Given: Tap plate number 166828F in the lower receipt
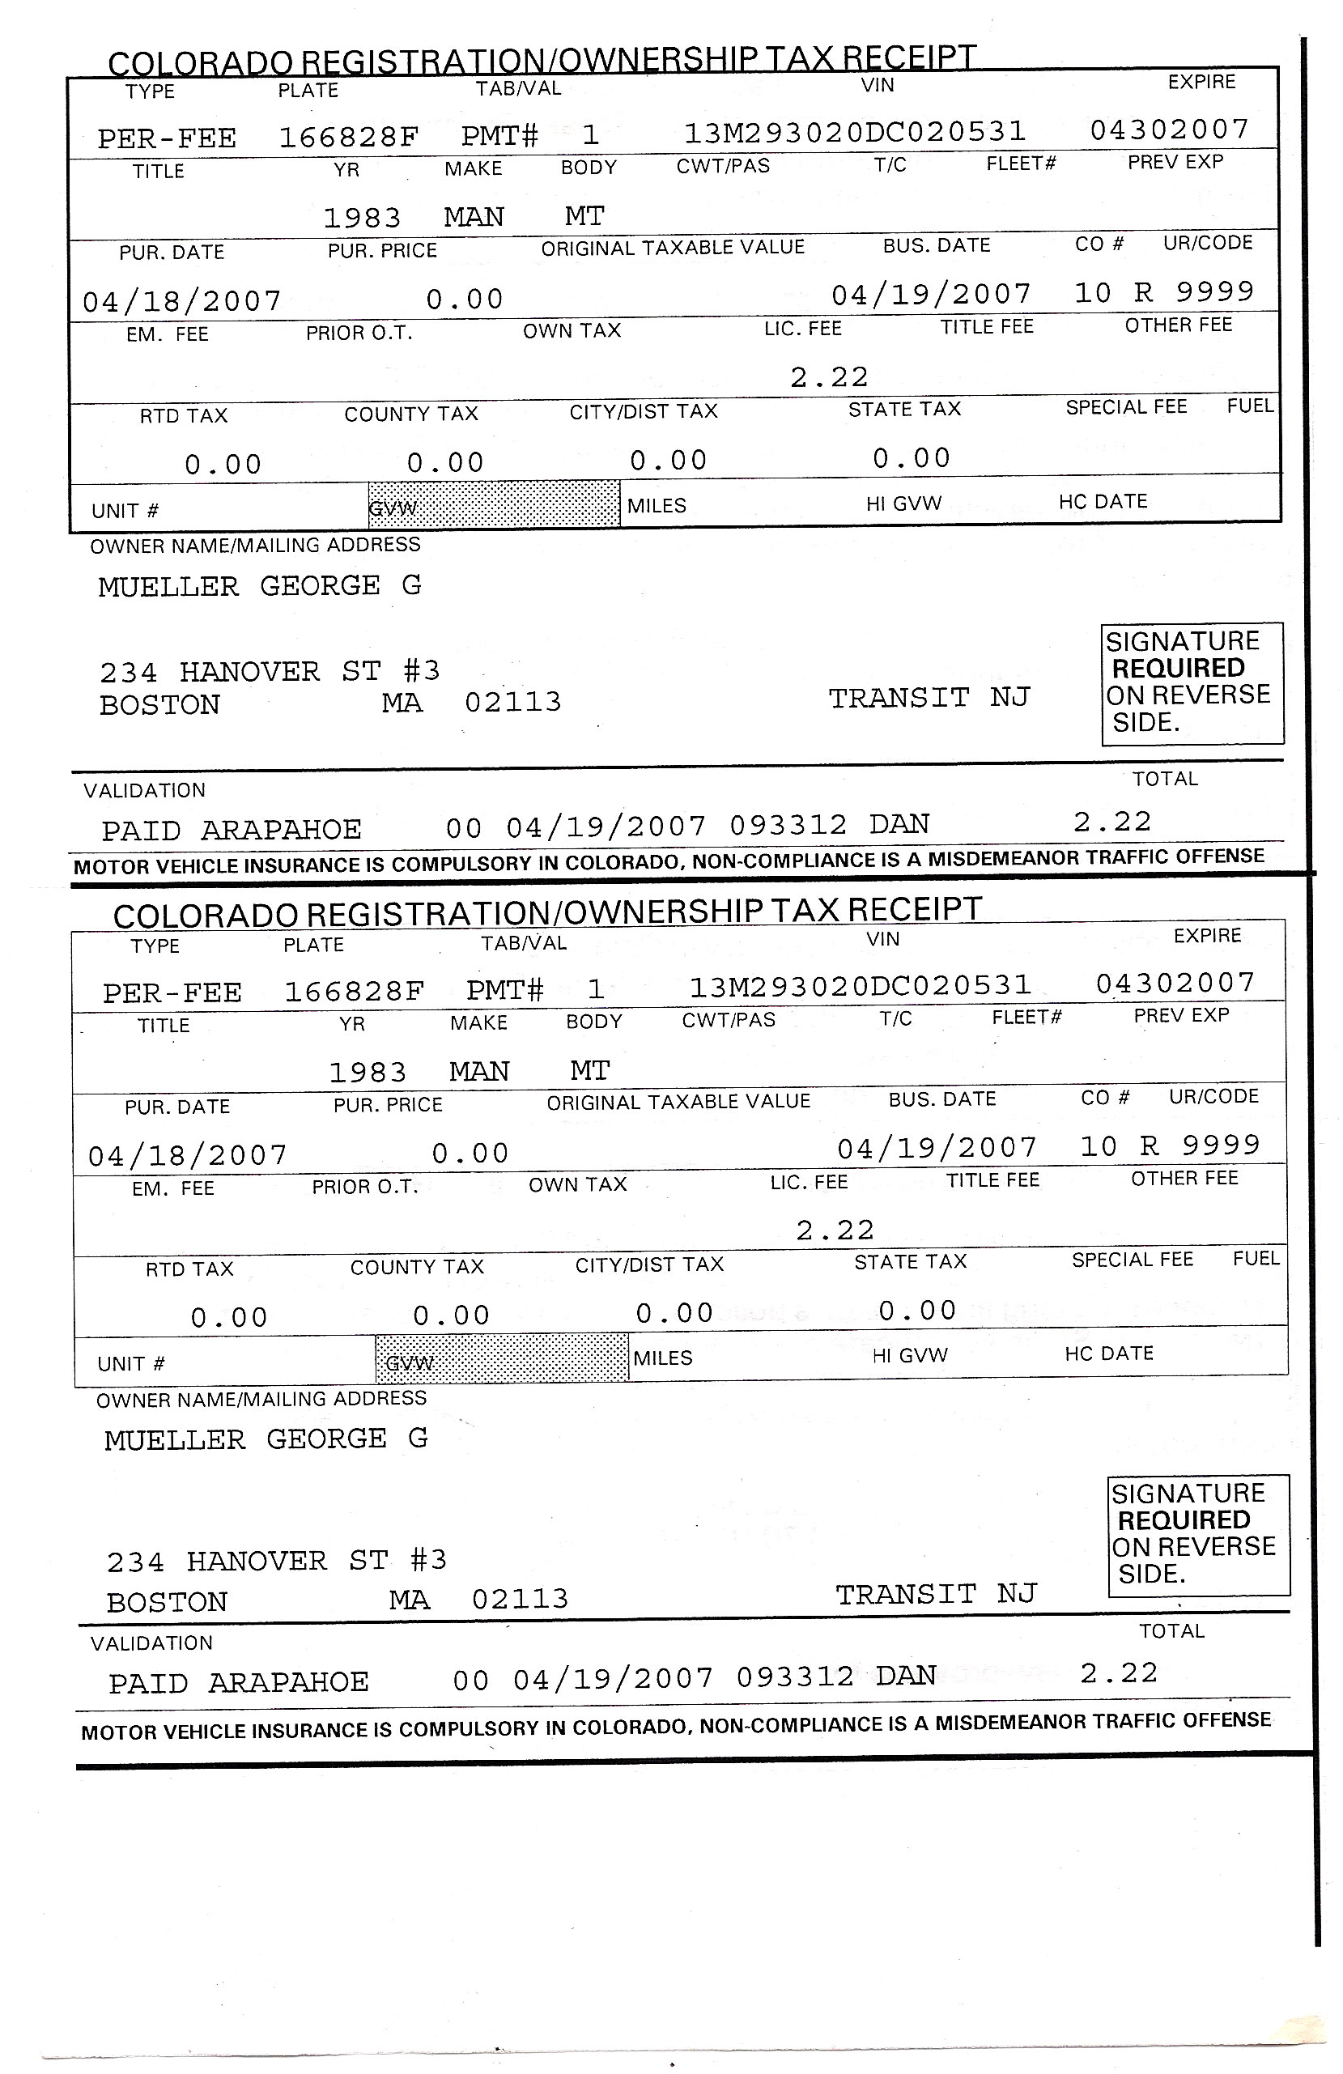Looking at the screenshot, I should [354, 991].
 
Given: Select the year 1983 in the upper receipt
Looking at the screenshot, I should [362, 217].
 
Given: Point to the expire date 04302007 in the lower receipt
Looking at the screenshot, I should [1175, 983].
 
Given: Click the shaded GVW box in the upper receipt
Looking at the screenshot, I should [493, 504].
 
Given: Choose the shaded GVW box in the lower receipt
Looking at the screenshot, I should [501, 1358].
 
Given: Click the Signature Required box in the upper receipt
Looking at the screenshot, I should [1191, 683].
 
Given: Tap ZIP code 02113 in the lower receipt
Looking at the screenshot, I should [520, 1599].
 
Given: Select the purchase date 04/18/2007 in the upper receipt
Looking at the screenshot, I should [182, 301].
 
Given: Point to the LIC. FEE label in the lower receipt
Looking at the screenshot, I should [808, 1183].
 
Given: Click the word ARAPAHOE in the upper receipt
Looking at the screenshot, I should [281, 830].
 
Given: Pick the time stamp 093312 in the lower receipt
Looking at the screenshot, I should [794, 1677].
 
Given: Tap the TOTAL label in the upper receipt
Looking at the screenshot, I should [1164, 779].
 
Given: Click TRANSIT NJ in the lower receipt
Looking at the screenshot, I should [935, 1594].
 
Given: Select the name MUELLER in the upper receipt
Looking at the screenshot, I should [168, 586].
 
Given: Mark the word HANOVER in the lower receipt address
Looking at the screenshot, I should [257, 1561].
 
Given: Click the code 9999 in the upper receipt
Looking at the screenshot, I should [1214, 291].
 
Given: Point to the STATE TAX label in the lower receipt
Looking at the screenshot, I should [910, 1262].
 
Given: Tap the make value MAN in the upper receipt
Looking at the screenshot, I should [474, 216].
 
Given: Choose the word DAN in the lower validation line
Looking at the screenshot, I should [906, 1676].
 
